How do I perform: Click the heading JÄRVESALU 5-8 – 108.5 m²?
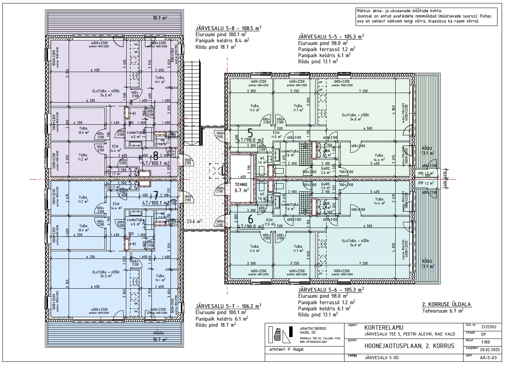228,28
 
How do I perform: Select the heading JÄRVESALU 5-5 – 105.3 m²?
331,37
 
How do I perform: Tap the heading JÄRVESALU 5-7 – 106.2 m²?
228,306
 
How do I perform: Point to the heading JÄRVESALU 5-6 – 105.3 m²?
331,290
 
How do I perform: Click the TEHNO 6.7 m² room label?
241,187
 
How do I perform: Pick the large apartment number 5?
250,133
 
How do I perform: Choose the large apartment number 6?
251,220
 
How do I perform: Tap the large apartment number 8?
156,156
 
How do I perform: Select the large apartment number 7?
156,196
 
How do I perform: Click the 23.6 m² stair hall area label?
194,221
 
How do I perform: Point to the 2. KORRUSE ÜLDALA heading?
446,304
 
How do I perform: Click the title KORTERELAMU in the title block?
383,327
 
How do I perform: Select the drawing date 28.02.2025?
489,350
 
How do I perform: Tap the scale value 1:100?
485,342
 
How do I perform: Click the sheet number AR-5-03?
488,358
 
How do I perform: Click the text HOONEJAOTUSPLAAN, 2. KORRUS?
409,346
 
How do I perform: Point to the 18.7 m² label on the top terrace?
159,18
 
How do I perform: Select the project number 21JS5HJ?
489,327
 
